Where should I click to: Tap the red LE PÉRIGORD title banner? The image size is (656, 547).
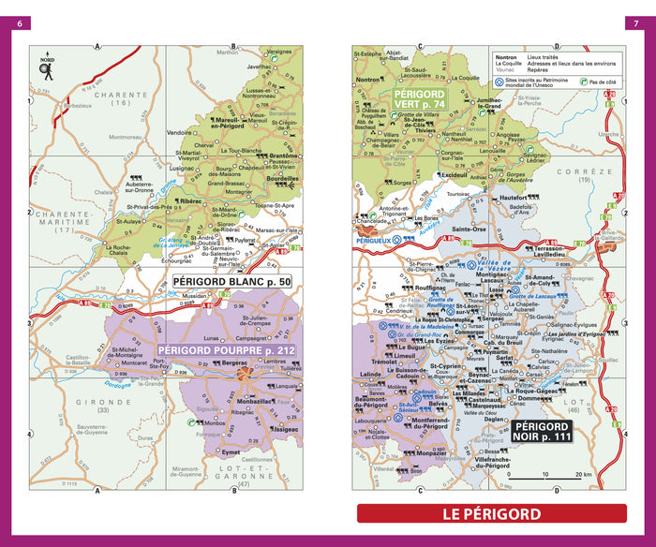tap(492, 514)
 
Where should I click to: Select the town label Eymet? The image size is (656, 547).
tap(230, 452)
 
